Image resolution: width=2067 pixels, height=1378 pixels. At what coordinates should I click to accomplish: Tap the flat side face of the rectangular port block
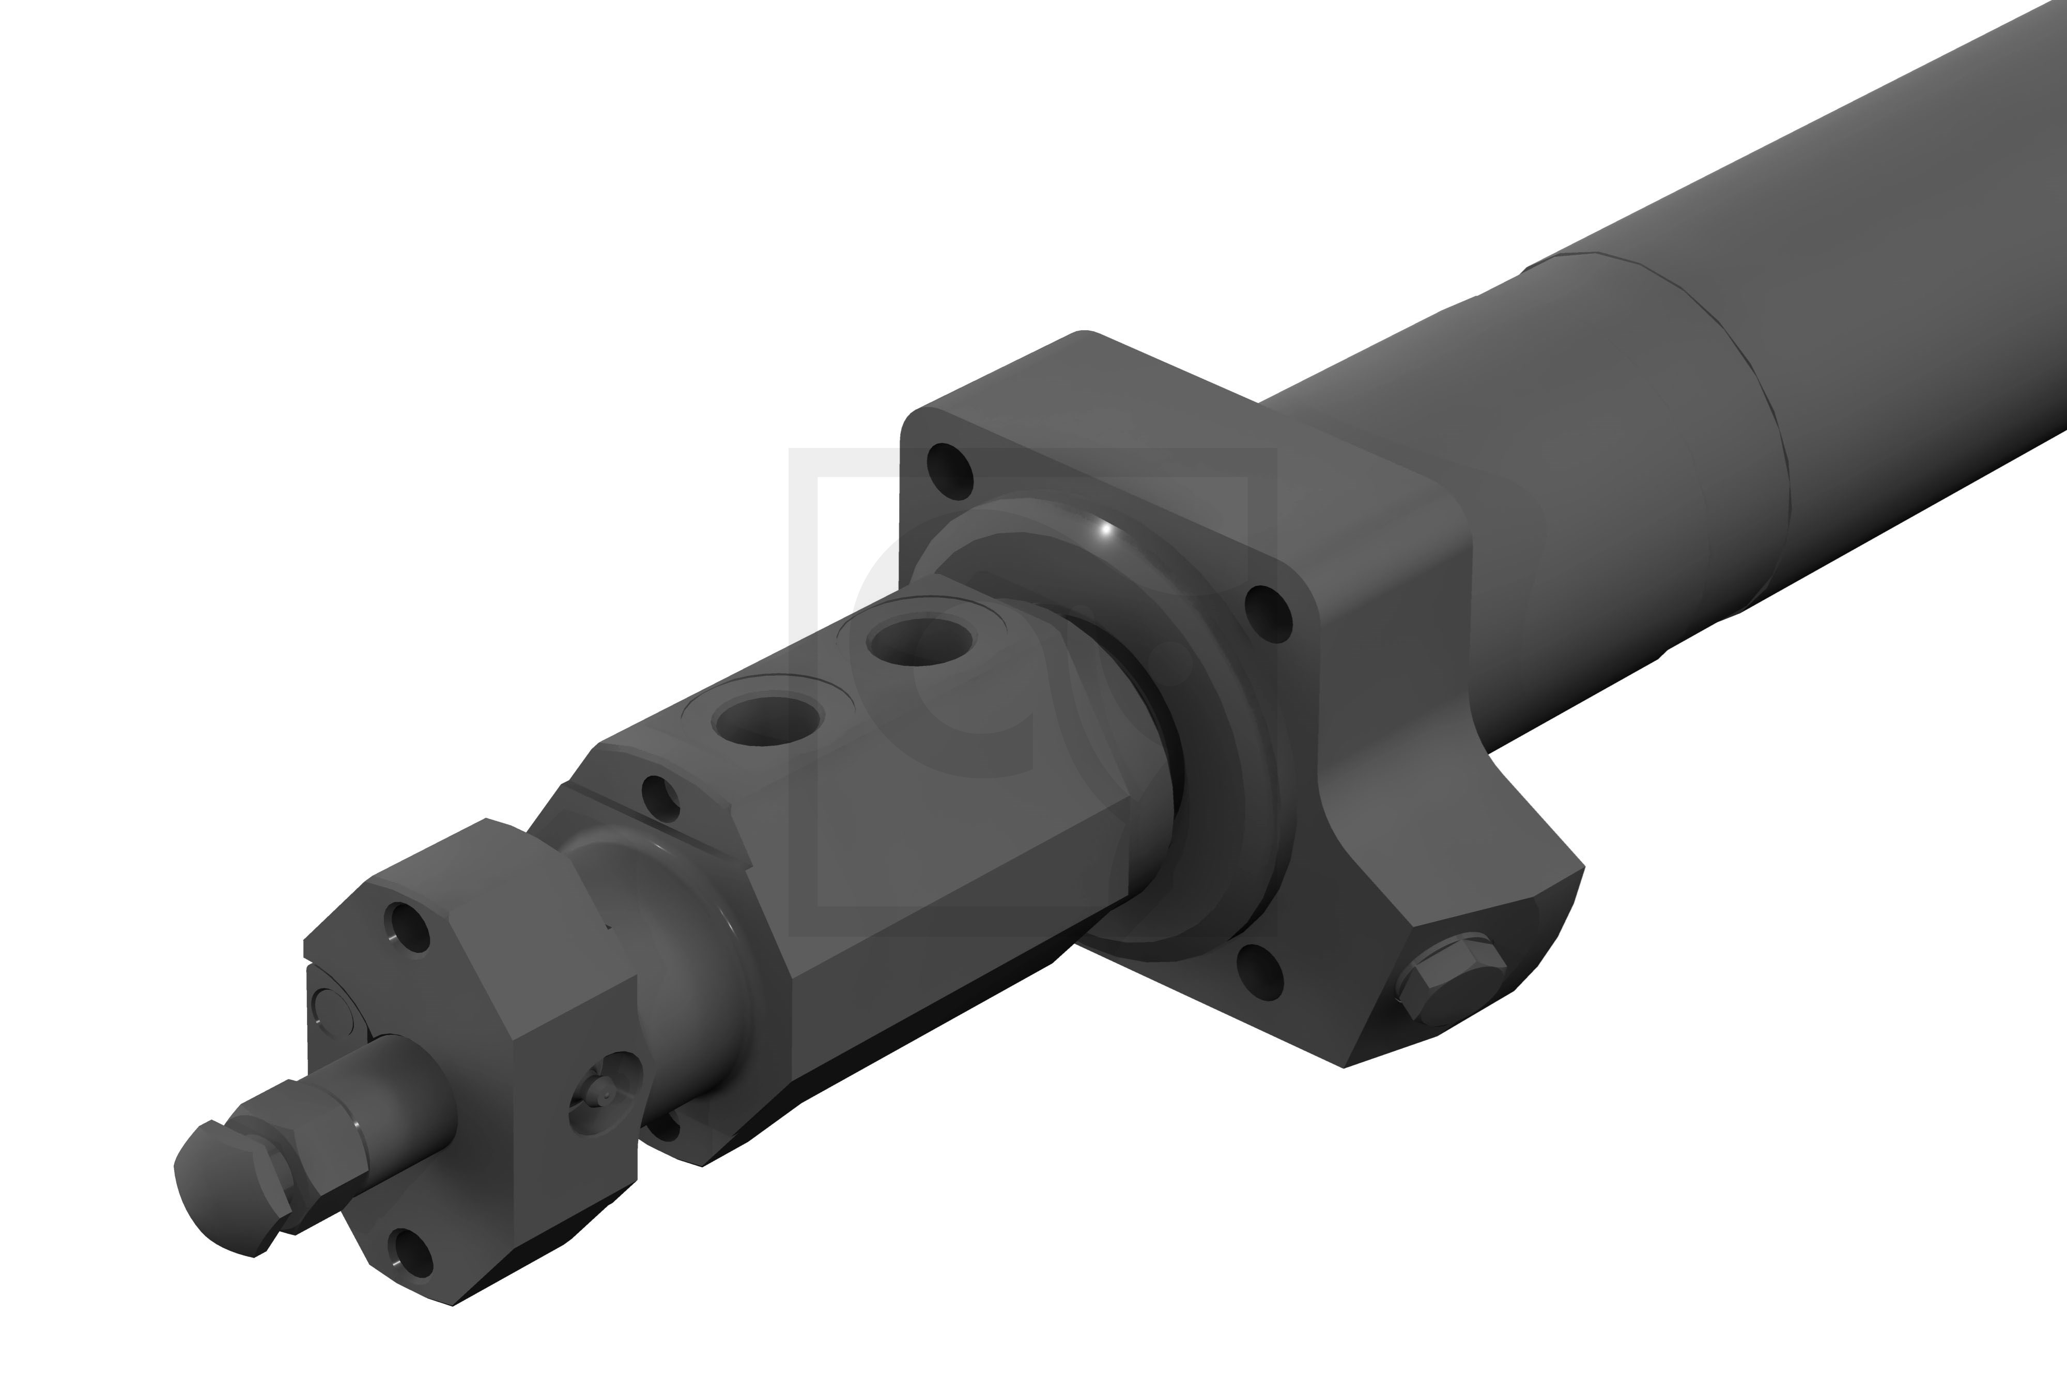coord(932,870)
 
